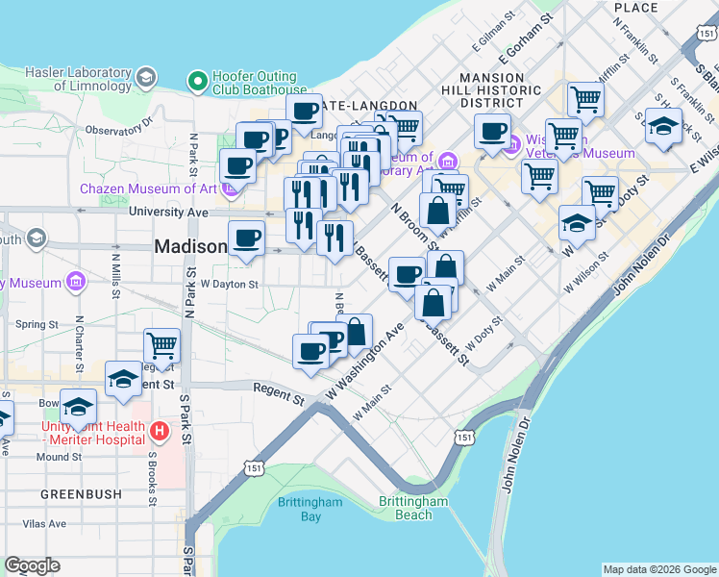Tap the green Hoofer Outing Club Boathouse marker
point(198,82)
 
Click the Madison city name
point(190,247)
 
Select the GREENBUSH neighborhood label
point(81,493)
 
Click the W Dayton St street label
point(229,285)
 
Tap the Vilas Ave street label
point(45,524)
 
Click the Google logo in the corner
point(32,565)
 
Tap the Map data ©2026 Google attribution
point(658,569)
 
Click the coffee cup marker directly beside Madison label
point(246,238)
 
